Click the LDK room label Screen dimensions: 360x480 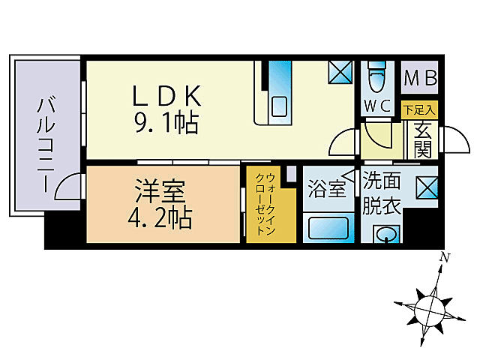[x=167, y=95]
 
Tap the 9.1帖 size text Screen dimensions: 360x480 [x=166, y=122]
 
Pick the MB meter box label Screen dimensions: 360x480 [x=420, y=78]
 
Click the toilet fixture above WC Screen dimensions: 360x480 [x=376, y=78]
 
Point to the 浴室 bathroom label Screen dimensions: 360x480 [x=327, y=188]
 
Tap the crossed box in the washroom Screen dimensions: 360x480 [x=427, y=187]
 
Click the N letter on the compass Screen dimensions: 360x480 [x=445, y=258]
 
